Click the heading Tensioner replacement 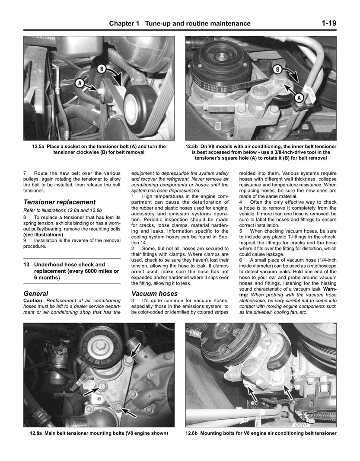(x=59, y=202)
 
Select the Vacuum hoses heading (x=154, y=293)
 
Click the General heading (x=36, y=293)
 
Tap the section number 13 (x=27, y=264)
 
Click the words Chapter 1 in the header (x=124, y=24)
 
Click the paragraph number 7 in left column (x=25, y=173)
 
